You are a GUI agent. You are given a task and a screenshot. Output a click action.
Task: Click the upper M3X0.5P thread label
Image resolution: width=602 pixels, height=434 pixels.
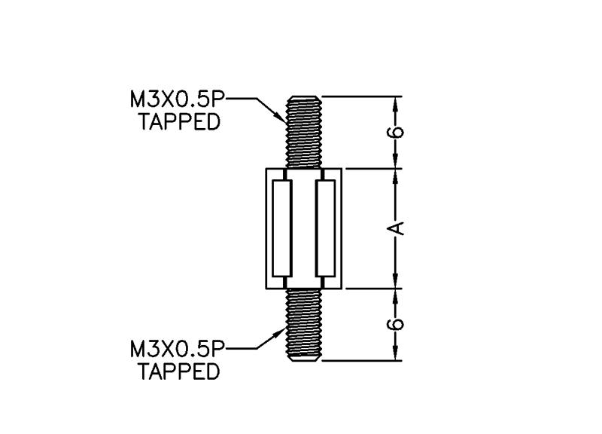pos(178,100)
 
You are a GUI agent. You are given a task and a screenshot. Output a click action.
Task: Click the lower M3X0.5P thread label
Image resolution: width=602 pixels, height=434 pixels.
pos(178,349)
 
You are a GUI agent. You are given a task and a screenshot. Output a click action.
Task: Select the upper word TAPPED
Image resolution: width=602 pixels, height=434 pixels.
pos(179,121)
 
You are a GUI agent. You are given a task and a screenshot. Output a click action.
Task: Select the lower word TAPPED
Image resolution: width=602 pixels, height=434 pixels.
pos(179,371)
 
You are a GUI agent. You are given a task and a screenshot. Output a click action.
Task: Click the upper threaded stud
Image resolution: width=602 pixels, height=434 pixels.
pos(304,132)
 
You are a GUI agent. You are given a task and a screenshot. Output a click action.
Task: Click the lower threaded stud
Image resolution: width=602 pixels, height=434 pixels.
pos(304,325)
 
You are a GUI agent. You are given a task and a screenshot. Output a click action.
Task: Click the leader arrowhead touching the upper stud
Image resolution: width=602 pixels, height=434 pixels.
pos(280,118)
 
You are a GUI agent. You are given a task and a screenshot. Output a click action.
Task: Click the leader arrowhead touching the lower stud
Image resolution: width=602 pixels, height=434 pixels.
pos(280,333)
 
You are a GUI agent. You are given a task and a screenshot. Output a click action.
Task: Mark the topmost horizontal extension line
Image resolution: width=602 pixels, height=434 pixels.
pos(362,96)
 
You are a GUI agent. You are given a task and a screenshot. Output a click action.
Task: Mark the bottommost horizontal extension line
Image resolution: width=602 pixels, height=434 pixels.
pos(362,361)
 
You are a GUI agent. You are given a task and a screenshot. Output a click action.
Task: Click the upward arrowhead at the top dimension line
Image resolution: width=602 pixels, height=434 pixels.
pos(396,105)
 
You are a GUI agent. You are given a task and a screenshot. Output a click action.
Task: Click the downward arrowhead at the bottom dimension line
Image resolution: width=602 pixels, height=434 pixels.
pos(396,353)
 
